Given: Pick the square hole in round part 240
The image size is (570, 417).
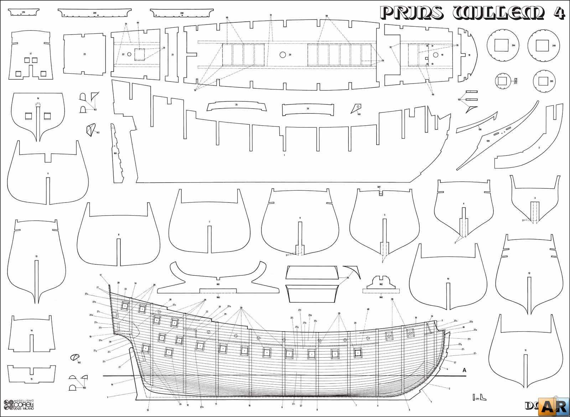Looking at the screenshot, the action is (542, 45).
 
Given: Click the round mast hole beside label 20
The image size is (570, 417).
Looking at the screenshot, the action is (283, 55).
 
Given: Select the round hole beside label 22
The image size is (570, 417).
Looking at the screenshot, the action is (129, 54).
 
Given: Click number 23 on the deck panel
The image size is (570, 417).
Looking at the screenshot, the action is (84, 54).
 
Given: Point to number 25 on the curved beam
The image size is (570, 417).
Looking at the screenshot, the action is (236, 105).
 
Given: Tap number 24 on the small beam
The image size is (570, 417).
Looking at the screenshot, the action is (307, 108).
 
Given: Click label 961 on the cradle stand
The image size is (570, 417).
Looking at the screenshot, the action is (218, 284).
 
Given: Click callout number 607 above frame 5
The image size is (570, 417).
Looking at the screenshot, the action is (379, 187).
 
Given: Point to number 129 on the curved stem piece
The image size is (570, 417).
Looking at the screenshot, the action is (488, 141).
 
